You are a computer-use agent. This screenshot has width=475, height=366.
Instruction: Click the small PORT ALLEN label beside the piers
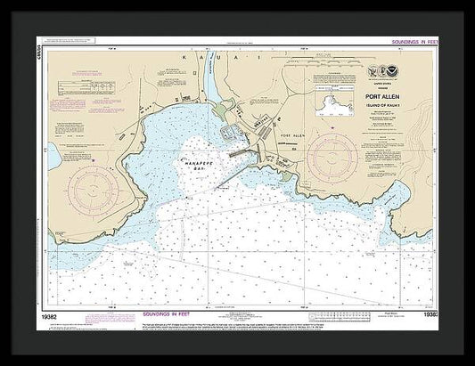tap(292, 136)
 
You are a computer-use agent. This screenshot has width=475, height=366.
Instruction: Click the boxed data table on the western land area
tap(84, 86)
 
